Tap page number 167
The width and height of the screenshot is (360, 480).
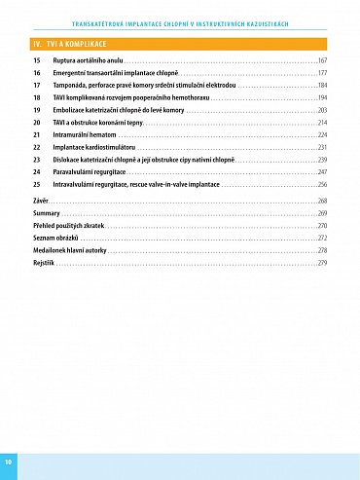point(322,60)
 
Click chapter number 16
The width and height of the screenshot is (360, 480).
point(36,73)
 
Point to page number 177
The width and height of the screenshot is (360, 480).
point(322,73)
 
